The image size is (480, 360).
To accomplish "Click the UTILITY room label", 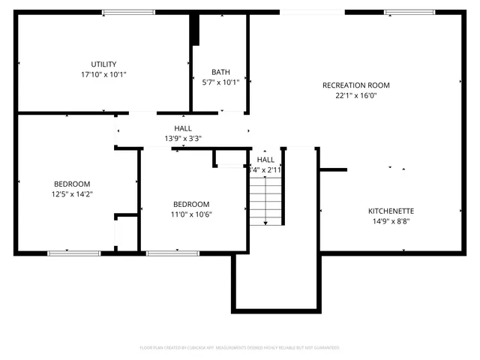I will pos(103,64).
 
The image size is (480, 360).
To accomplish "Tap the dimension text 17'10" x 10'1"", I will pos(103,75).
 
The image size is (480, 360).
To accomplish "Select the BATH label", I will pos(220,72).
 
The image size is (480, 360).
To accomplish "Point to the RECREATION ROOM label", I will pos(355,85).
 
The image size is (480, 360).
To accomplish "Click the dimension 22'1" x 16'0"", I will pos(355,95).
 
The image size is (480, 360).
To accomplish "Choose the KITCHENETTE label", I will pos(391,211).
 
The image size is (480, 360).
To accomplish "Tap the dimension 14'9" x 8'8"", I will pos(391,221).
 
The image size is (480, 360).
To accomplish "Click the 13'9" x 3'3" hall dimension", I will pos(183,139).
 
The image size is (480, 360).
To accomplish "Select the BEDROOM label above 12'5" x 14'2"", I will pos(72,184).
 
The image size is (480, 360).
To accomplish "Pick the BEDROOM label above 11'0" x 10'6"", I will pos(191,204).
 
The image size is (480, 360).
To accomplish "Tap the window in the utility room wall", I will pos(128,12).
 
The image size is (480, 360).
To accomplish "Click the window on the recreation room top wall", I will pos(409,12).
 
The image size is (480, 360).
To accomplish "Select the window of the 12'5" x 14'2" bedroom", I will pos(74,253).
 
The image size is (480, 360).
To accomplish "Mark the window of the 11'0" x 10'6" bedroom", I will pos(167,253).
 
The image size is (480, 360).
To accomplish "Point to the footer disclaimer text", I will pos(240,348).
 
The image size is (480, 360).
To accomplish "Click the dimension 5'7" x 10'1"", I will pos(220,82).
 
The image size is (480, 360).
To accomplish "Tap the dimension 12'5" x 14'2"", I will pos(72,194).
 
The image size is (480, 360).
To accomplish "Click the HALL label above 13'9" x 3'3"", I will pos(183,128).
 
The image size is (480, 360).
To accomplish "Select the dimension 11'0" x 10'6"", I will pos(191,214).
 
